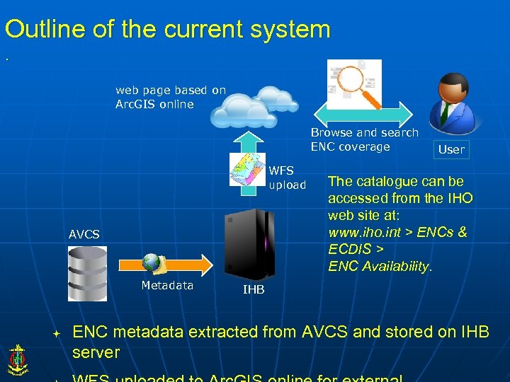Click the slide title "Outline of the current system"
[167, 29]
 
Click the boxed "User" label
[451, 149]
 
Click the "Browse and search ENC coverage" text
[364, 139]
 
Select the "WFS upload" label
[287, 178]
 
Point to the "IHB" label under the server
[254, 289]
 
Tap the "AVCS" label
[84, 234]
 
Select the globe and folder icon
[154, 264]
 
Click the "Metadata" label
[167, 285]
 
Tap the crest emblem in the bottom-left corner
[17, 359]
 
